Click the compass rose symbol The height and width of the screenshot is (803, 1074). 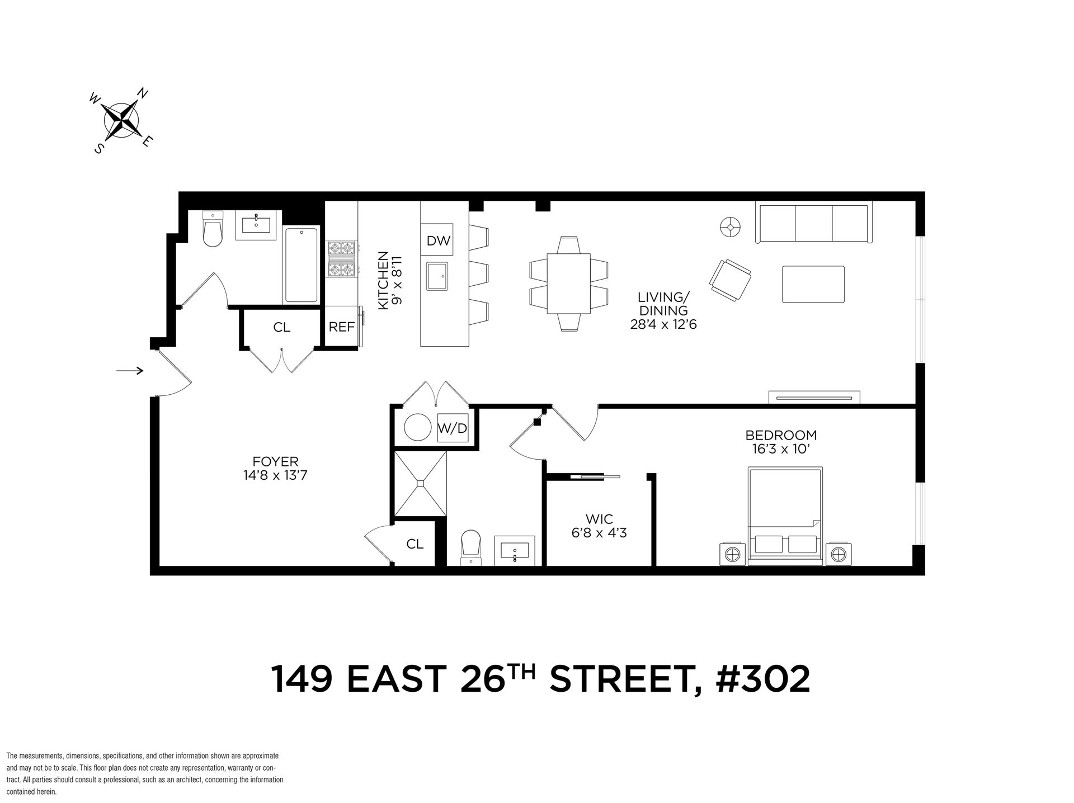pyautogui.click(x=121, y=120)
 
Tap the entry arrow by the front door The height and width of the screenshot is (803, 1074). pyautogui.click(x=130, y=370)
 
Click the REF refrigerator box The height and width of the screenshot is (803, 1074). pyautogui.click(x=341, y=327)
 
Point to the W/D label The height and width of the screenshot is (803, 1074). pyautogui.click(x=453, y=428)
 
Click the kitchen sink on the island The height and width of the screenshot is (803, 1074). pyautogui.click(x=437, y=276)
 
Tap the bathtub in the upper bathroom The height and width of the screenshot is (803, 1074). pyautogui.click(x=301, y=265)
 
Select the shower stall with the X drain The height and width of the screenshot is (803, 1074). pyautogui.click(x=421, y=484)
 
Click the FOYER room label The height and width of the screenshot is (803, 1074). pyautogui.click(x=275, y=462)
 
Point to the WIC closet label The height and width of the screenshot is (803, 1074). pyautogui.click(x=599, y=519)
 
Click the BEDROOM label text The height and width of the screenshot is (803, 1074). pyautogui.click(x=781, y=435)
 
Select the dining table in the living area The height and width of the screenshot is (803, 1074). pyautogui.click(x=568, y=284)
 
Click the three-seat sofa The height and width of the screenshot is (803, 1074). pyautogui.click(x=813, y=222)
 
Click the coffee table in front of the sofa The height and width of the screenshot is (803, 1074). pyautogui.click(x=813, y=284)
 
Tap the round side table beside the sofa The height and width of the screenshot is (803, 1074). pyautogui.click(x=730, y=227)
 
